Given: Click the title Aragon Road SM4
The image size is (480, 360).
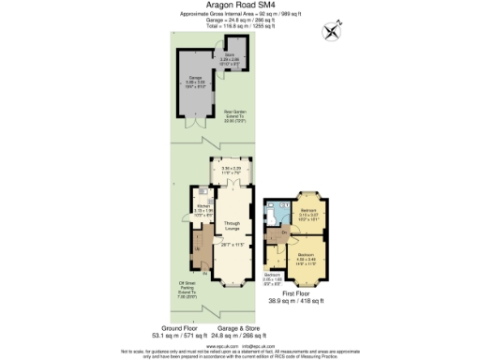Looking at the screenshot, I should point(239,5).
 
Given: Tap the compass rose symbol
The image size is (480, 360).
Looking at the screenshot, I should point(331,31).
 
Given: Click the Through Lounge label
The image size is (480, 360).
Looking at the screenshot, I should point(232,226).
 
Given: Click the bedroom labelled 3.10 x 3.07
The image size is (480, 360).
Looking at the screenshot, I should point(308,214).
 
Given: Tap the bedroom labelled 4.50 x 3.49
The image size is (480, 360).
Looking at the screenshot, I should point(307,258).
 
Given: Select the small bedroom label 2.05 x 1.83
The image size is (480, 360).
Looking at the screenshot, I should point(272,278).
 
